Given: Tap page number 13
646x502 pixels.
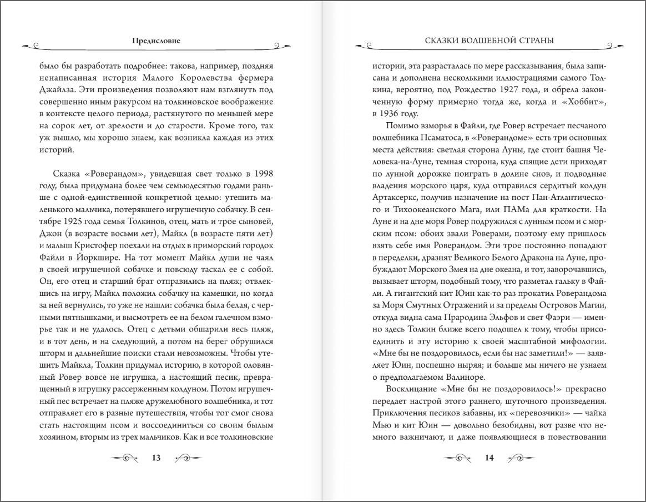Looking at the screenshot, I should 156,458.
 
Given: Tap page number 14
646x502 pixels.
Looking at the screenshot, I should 489,458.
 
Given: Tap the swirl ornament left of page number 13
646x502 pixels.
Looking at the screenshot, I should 124,458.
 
